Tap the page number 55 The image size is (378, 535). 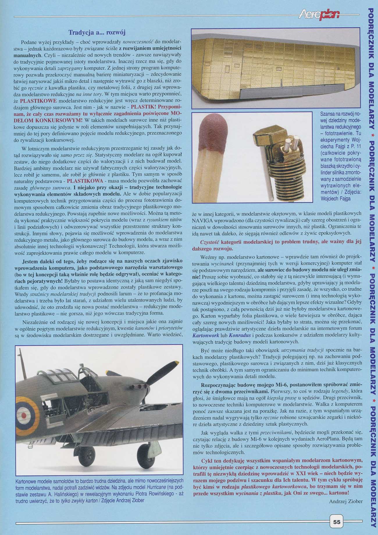click(x=337, y=522)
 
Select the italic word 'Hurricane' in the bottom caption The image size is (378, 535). click(x=156, y=487)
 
